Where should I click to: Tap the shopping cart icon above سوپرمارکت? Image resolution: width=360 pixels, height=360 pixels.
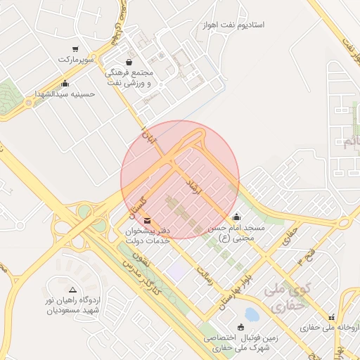(75, 49)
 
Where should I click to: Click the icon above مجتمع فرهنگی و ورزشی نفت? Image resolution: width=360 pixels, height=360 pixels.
(128, 62)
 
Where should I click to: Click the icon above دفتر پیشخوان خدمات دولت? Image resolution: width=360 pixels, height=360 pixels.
(146, 222)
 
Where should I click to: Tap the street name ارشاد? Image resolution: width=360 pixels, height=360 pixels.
(191, 186)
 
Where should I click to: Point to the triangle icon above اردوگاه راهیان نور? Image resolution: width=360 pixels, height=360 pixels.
(72, 289)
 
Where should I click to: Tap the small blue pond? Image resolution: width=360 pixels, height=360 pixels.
(251, 314)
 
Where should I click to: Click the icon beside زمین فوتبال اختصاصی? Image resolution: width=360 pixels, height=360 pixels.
(241, 326)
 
